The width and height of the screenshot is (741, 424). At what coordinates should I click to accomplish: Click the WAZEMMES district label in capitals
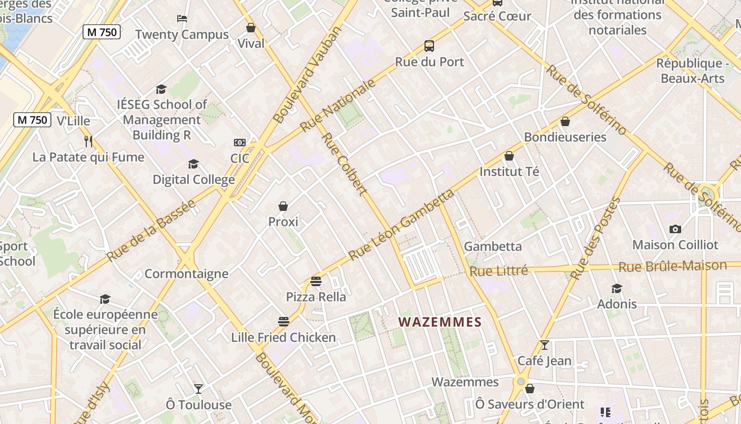point(440,322)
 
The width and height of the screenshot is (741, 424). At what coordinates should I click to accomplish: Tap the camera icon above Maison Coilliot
point(675,229)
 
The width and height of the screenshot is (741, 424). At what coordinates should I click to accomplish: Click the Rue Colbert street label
point(345,164)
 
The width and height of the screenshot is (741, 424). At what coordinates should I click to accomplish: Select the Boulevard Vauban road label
point(309,74)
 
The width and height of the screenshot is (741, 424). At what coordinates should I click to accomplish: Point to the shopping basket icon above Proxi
point(283,206)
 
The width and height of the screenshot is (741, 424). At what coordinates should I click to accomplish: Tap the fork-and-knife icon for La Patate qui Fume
point(88,142)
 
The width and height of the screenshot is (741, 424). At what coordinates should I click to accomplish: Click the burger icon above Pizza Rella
point(316,281)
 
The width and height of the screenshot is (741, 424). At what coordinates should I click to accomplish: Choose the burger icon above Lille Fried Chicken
point(284,322)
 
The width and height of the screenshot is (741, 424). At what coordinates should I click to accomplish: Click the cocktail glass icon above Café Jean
point(544,345)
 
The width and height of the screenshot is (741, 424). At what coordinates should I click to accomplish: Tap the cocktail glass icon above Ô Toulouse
point(198,389)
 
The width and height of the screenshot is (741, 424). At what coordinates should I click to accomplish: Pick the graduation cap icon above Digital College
point(193,164)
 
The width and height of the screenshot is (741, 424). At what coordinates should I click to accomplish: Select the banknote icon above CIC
point(240,143)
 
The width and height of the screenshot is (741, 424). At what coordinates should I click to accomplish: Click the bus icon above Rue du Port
point(429,46)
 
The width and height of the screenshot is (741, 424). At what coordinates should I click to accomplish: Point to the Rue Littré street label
point(499,271)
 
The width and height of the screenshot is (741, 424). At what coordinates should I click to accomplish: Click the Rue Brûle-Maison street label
point(672,267)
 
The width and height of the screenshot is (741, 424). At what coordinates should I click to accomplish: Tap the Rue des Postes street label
point(595,238)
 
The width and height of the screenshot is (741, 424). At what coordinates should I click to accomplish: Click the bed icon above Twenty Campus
point(182,19)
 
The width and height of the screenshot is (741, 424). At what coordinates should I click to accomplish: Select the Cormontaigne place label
point(186,274)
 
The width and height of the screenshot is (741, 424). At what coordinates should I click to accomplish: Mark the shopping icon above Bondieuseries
point(565,121)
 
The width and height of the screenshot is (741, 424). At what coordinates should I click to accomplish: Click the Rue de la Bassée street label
point(151,231)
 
